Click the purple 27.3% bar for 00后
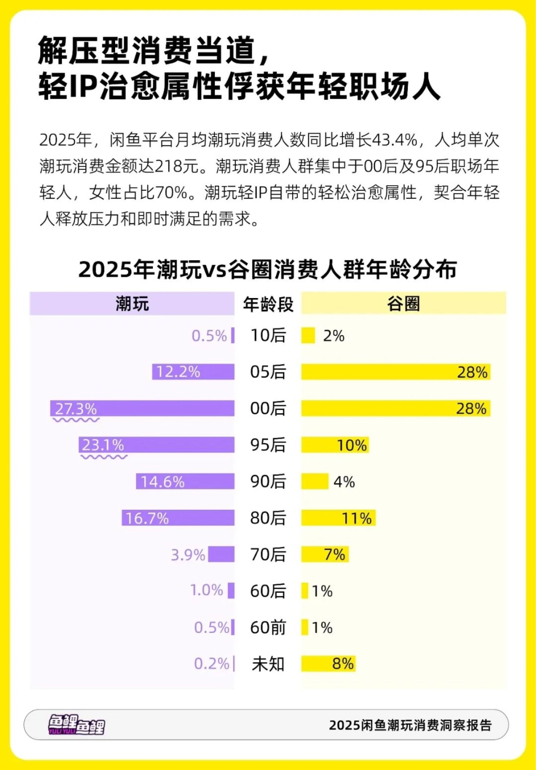tap(142, 408)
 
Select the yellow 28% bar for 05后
tap(395, 372)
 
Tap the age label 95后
tap(268, 445)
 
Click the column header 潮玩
tap(132, 304)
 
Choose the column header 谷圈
tap(403, 304)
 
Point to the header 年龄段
tap(268, 304)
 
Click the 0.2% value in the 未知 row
tap(212, 664)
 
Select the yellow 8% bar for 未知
tap(328, 664)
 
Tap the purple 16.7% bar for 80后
tap(178, 518)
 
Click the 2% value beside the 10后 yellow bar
tap(333, 336)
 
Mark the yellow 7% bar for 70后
tap(325, 554)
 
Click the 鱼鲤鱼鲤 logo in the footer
tap(76, 725)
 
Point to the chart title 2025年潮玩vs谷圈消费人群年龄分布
tap(267, 269)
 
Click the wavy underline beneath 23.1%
tap(104, 456)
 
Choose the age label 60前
tap(268, 627)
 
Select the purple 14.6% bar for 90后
tap(185, 482)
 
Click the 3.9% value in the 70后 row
tap(188, 555)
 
